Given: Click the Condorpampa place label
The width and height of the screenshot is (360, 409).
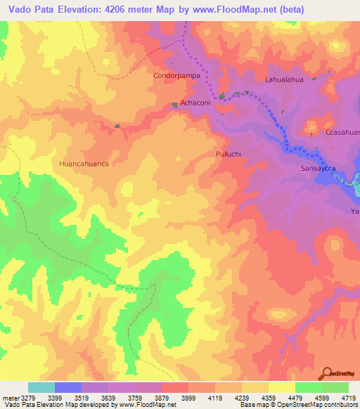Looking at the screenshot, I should point(172,74).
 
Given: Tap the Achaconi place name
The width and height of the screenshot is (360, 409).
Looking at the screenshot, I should point(196,103).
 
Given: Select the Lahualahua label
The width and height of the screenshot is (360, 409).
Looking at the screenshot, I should point(284,80).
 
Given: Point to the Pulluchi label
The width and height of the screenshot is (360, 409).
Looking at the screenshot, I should point(229,152).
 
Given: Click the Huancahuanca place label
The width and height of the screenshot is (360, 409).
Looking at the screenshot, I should point(84,163).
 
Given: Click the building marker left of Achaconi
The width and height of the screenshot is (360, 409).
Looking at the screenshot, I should point(174,105).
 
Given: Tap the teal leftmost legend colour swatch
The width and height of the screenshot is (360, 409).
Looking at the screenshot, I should point(41,387).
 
